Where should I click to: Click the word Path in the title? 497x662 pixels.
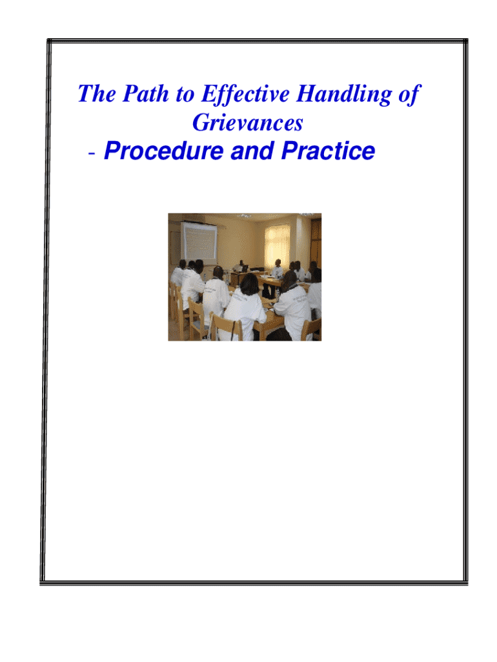pyautogui.click(x=145, y=94)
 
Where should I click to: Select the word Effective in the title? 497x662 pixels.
pyautogui.click(x=245, y=94)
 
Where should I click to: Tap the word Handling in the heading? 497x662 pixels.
pyautogui.click(x=343, y=94)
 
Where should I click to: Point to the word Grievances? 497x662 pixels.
pyautogui.click(x=247, y=123)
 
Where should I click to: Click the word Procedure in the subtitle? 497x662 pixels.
pyautogui.click(x=163, y=151)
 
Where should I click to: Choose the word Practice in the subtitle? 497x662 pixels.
pyautogui.click(x=328, y=151)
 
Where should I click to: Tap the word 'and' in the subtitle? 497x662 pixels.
pyautogui.click(x=252, y=151)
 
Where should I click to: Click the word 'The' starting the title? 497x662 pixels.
pyautogui.click(x=97, y=94)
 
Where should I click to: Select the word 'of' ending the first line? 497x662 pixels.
pyautogui.click(x=409, y=94)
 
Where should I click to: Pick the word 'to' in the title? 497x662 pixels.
pyautogui.click(x=185, y=94)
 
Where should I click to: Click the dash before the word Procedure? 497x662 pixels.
pyautogui.click(x=92, y=153)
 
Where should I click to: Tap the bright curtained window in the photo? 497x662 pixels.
pyautogui.click(x=278, y=244)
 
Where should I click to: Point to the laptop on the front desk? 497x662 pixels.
pyautogui.click(x=245, y=268)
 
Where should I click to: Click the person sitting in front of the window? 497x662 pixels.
pyautogui.click(x=277, y=268)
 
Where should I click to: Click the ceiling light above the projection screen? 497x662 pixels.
pyautogui.click(x=243, y=216)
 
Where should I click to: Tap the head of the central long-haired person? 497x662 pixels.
pyautogui.click(x=249, y=284)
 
